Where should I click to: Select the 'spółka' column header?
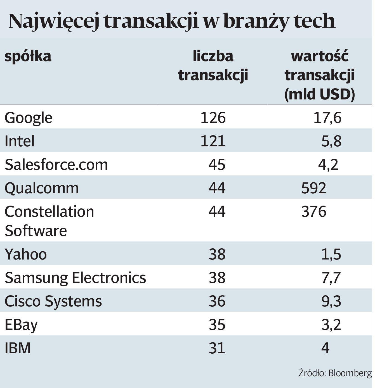(x=28, y=56)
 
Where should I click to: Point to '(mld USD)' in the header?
(x=319, y=94)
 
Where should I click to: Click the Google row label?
(x=29, y=118)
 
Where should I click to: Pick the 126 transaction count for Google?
(x=213, y=117)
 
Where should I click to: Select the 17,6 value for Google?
(x=327, y=117)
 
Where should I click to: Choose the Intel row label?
(x=20, y=141)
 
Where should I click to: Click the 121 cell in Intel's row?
(x=213, y=141)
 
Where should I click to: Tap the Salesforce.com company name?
(x=56, y=164)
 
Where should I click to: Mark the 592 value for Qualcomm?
(x=313, y=188)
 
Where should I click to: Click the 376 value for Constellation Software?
(x=313, y=211)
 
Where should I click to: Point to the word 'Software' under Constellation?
(x=36, y=231)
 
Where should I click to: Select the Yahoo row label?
(x=26, y=254)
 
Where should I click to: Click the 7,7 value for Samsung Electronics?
(x=331, y=278)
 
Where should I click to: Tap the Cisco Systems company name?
(x=53, y=301)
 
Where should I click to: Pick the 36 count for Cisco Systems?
(x=217, y=301)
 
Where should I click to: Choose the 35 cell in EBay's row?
(x=217, y=325)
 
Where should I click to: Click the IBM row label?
(x=18, y=348)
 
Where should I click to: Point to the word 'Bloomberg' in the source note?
(x=350, y=373)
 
